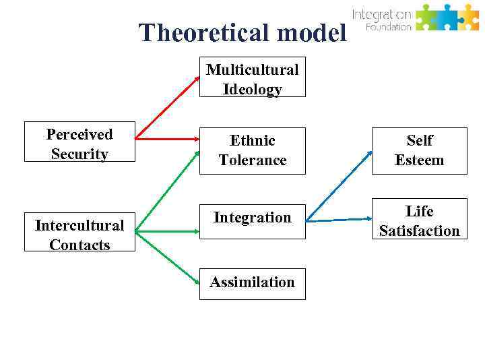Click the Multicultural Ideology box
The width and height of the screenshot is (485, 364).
[x=253, y=79]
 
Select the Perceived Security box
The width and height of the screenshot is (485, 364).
[x=79, y=143]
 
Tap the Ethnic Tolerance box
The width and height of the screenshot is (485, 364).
[x=253, y=150]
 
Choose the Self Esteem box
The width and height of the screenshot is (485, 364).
[x=419, y=150]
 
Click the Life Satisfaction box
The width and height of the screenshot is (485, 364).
[x=419, y=220]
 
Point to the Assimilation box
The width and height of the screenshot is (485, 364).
[x=253, y=282]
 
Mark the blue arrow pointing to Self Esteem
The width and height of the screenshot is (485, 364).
[x=339, y=181]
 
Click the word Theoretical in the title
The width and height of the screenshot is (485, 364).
[x=196, y=32]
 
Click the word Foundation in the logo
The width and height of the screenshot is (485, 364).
[x=388, y=27]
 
